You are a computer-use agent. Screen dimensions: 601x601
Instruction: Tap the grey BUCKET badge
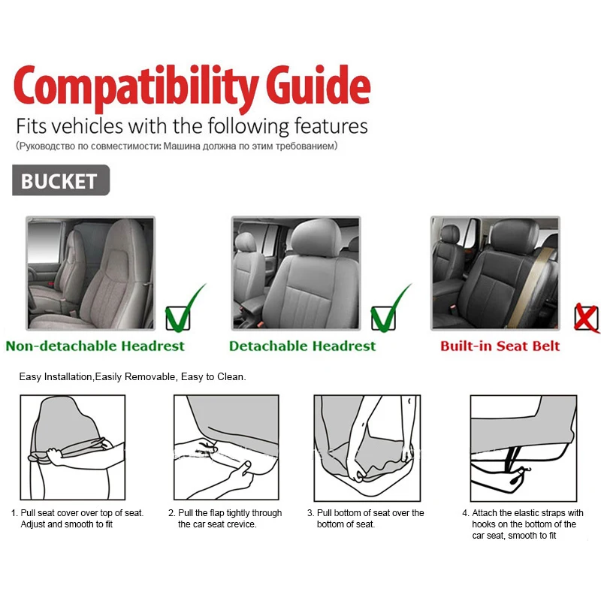(x=60, y=181)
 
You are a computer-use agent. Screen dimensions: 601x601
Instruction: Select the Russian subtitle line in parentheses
(x=177, y=146)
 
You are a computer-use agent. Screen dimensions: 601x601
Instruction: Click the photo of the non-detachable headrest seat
(x=90, y=273)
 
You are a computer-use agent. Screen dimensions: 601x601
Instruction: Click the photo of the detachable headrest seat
(x=295, y=273)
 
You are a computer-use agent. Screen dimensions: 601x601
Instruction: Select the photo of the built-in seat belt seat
(x=494, y=273)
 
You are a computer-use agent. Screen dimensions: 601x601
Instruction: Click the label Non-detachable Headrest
(x=95, y=346)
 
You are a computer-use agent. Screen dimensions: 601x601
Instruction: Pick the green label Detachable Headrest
(x=302, y=346)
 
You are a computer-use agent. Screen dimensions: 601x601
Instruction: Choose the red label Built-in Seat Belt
(x=500, y=346)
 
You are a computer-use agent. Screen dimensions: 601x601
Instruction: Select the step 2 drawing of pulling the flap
(x=226, y=448)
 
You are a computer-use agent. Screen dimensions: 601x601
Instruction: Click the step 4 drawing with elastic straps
(x=524, y=448)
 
